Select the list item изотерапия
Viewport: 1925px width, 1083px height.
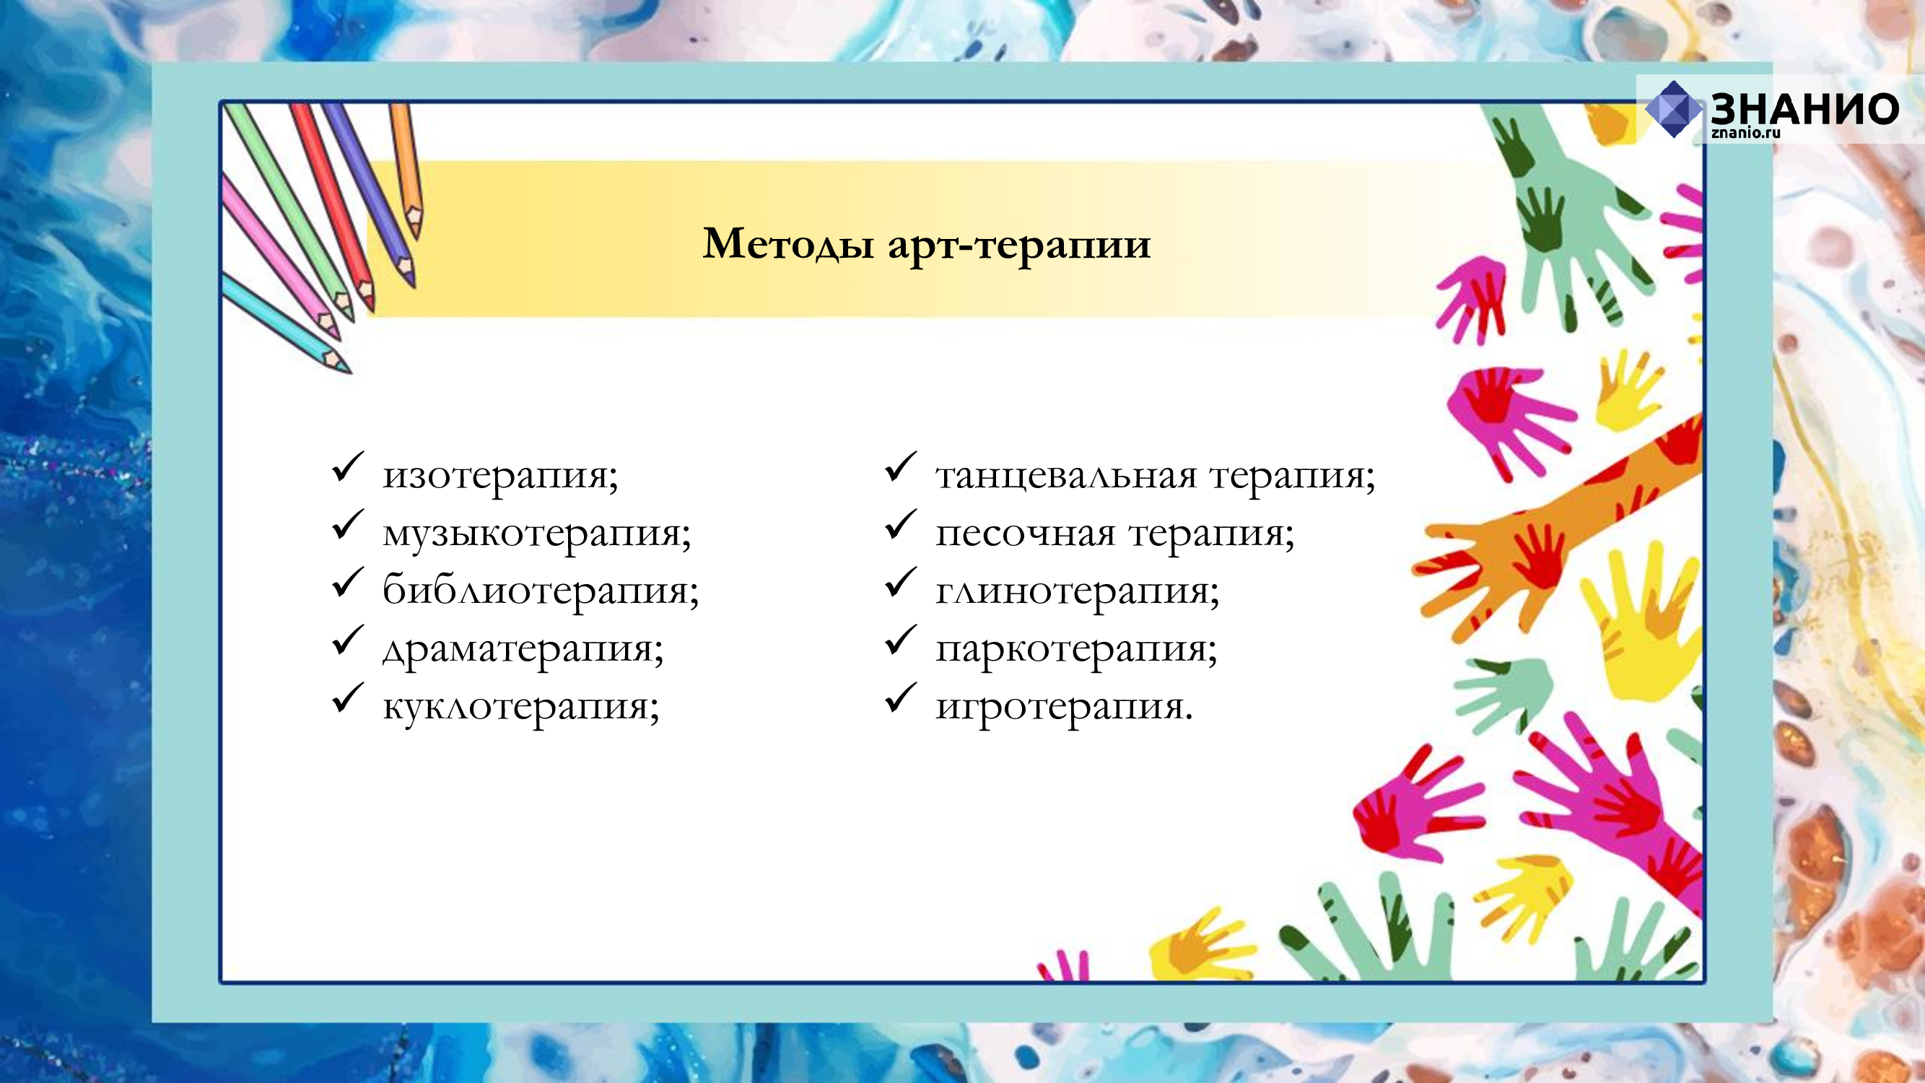(x=501, y=476)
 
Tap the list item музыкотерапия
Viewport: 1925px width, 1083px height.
(x=536, y=534)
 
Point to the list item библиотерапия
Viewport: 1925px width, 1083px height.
(x=541, y=591)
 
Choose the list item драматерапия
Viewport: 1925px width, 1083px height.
(x=523, y=650)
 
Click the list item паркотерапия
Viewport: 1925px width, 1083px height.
(x=1076, y=650)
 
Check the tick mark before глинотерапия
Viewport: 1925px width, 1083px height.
(x=901, y=582)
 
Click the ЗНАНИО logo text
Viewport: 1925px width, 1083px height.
(x=1804, y=109)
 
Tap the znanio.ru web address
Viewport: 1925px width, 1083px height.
(x=1746, y=133)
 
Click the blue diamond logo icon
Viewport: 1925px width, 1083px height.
(x=1673, y=109)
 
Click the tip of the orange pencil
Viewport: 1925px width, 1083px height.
(x=416, y=238)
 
